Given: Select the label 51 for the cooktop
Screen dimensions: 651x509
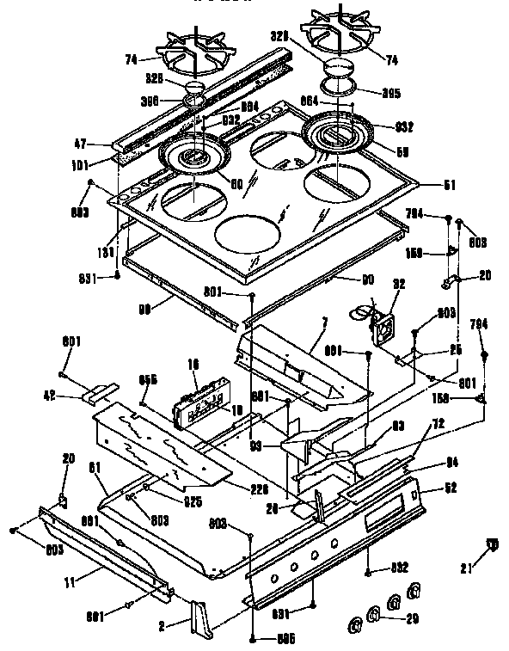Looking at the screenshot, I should [449, 184].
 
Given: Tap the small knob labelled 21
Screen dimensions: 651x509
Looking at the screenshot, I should [493, 544].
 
